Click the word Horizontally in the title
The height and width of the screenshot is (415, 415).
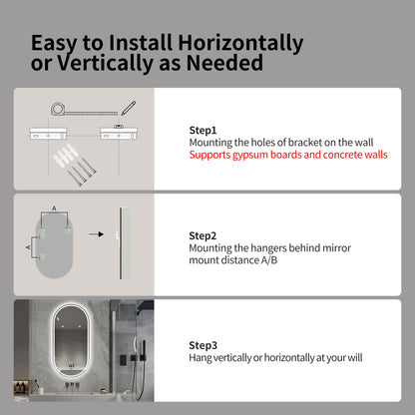(240, 43)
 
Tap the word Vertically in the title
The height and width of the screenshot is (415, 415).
(105, 63)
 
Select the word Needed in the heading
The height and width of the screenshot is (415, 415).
(224, 63)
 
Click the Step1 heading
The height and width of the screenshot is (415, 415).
(203, 131)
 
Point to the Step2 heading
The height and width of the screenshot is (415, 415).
(203, 235)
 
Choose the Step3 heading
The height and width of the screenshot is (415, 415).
(203, 345)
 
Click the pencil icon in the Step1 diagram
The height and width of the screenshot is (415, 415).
(129, 108)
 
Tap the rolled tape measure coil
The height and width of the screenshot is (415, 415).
(58, 109)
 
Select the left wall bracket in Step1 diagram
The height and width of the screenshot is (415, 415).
(48, 134)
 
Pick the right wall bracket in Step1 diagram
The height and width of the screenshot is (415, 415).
(119, 134)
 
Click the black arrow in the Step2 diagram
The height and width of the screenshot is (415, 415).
(97, 234)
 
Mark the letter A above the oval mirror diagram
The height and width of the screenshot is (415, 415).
(54, 208)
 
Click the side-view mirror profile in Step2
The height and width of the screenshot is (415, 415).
(125, 243)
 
